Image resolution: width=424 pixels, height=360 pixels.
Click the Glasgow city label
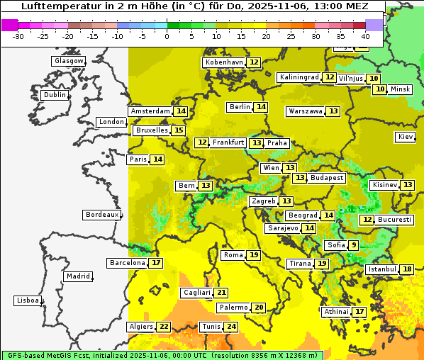point(69,61)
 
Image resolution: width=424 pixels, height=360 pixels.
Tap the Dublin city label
point(55,95)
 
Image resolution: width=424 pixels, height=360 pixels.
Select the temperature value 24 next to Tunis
point(231,327)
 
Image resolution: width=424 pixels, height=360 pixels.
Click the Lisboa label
point(28,300)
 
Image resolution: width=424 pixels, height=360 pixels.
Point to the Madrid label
point(77,276)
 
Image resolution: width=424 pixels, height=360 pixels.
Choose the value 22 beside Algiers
point(164,327)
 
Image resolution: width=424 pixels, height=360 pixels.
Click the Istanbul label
point(381,269)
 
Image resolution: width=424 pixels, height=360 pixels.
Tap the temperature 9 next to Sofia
point(353,245)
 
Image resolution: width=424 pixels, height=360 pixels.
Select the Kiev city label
point(406,137)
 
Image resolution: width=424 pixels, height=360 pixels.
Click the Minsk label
point(401,89)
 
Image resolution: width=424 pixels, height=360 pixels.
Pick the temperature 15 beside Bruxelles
point(179,130)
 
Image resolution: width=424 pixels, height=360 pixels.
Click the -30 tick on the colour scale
point(18,35)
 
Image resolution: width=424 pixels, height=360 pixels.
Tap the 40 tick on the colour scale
point(365,35)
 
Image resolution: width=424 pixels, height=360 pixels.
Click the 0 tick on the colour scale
point(167,35)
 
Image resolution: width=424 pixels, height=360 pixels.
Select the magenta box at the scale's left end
point(9,25)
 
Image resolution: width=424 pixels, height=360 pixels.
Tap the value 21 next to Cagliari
point(222,293)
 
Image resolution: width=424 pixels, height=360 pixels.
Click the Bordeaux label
point(102,214)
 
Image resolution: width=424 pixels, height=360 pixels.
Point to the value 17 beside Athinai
point(360,312)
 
